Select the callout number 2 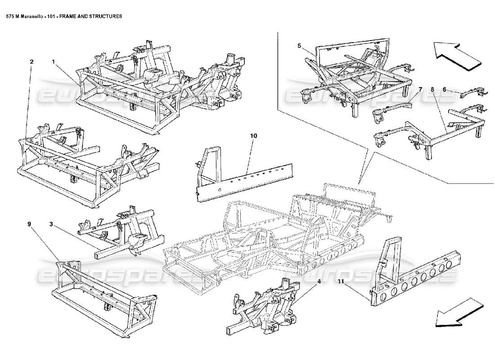point(31,62)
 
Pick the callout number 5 point(299,45)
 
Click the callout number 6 point(445,90)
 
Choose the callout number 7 point(420,90)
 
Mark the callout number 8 point(432,90)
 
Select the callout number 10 point(253,135)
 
